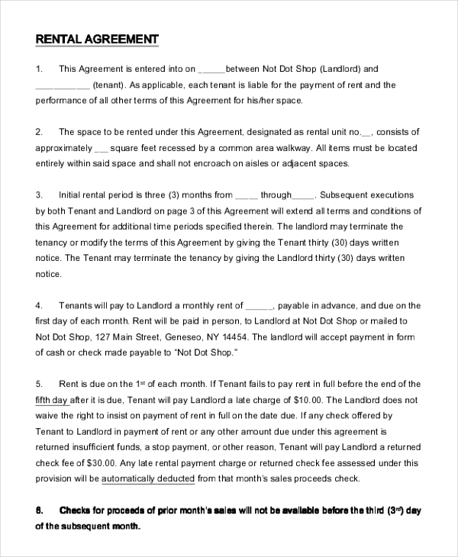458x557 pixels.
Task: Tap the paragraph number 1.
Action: point(39,69)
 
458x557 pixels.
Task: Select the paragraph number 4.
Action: point(39,305)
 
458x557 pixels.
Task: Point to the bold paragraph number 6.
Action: point(39,511)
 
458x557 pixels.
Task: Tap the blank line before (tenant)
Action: point(63,85)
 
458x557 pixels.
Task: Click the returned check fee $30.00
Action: point(100,463)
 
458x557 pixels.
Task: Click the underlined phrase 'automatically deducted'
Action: point(147,479)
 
